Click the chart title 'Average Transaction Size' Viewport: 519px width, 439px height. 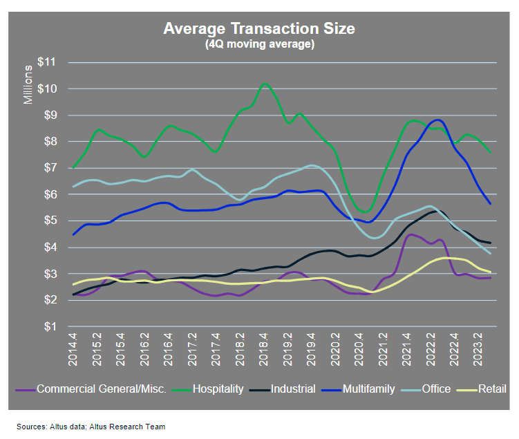click(x=259, y=28)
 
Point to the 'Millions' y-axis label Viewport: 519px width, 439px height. click(x=28, y=84)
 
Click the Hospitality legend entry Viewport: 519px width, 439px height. click(x=218, y=389)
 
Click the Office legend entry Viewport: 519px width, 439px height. click(x=436, y=389)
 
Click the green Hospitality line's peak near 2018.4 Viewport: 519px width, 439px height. click(x=265, y=84)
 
